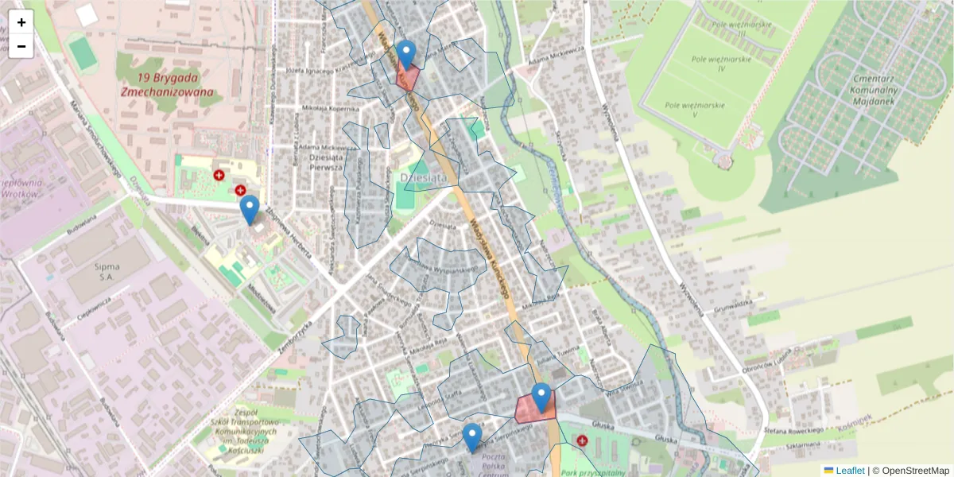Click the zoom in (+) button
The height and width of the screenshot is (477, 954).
(x=21, y=22)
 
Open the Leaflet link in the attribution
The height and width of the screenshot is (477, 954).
(x=850, y=471)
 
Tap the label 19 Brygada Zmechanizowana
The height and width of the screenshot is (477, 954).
(x=168, y=84)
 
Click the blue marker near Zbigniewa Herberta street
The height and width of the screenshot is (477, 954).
(x=250, y=209)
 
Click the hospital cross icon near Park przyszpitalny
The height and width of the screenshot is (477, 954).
(x=582, y=440)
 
